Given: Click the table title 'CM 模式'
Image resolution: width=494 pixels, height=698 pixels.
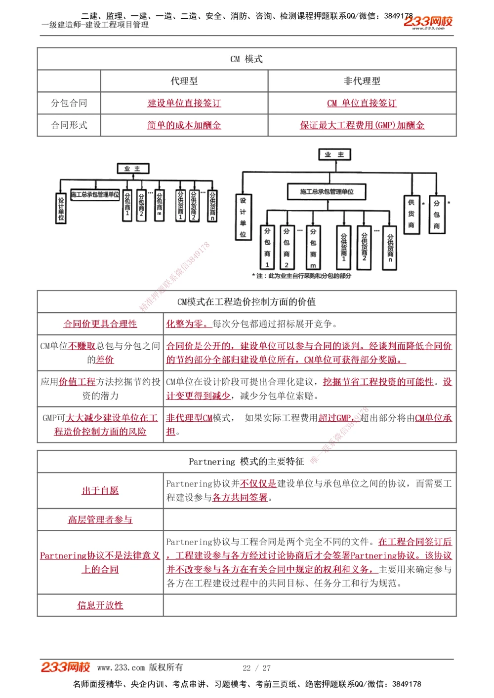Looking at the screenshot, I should pyautogui.click(x=247, y=59).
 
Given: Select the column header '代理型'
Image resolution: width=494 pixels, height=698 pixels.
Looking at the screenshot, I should pyautogui.click(x=184, y=81).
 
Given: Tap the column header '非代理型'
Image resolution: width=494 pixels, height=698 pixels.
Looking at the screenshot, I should pyautogui.click(x=362, y=81).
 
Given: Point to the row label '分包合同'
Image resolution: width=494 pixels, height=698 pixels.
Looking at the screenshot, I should pyautogui.click(x=69, y=103).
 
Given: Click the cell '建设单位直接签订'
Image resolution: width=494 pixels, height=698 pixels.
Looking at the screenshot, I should pyautogui.click(x=184, y=103).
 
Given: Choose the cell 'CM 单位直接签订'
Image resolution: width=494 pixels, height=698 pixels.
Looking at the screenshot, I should pyautogui.click(x=362, y=103).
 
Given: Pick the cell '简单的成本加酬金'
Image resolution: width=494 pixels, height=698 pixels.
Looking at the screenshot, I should pyautogui.click(x=184, y=125).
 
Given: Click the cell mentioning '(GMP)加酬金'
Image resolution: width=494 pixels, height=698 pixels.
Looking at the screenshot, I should pyautogui.click(x=362, y=125).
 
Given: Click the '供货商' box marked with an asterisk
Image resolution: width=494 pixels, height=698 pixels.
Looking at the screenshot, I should pyautogui.click(x=411, y=214).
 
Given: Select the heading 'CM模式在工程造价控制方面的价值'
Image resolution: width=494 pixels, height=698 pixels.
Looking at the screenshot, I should pyautogui.click(x=247, y=302).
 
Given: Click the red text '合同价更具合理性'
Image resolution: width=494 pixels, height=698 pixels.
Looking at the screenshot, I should pyautogui.click(x=100, y=324).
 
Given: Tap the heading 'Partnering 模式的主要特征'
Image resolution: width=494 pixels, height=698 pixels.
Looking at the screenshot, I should pyautogui.click(x=247, y=462).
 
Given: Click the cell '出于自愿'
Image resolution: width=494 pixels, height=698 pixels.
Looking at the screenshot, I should pyautogui.click(x=100, y=491).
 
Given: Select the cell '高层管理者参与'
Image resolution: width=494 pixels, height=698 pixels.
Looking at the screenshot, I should pyautogui.click(x=100, y=519).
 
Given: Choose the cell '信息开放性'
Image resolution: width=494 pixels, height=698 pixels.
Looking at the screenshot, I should pyautogui.click(x=100, y=605).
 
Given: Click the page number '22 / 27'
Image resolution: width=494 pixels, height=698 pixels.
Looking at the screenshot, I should pyautogui.click(x=257, y=668).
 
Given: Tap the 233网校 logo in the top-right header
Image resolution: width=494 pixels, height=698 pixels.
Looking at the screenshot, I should pyautogui.click(x=428, y=22).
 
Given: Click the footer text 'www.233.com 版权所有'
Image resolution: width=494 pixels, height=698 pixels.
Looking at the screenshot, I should pyautogui.click(x=140, y=667).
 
